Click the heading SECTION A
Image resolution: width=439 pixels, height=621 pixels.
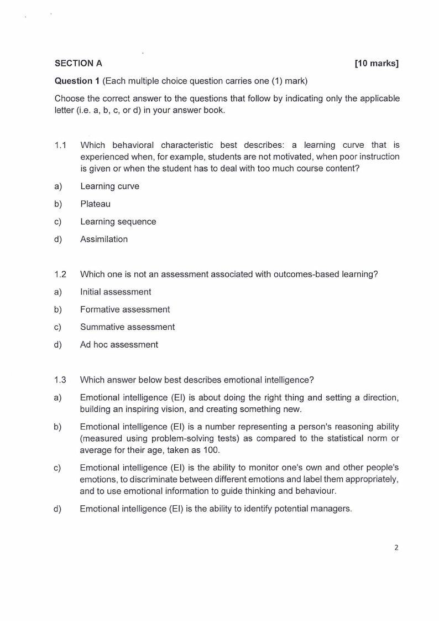pyautogui.click(x=78, y=63)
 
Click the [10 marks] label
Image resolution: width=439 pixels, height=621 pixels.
pyautogui.click(x=377, y=63)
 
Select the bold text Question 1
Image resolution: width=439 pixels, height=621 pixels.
pyautogui.click(x=77, y=81)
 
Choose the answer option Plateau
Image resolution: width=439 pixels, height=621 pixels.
pyautogui.click(x=95, y=204)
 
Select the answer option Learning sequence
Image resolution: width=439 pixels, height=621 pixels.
pyautogui.click(x=118, y=221)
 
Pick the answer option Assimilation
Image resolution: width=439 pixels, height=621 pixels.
pyautogui.click(x=103, y=239)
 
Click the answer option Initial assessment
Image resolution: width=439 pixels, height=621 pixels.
pyautogui.click(x=115, y=292)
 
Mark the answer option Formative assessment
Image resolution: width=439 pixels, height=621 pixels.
pyautogui.click(x=125, y=309)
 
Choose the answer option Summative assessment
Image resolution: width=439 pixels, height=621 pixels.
pyautogui.click(x=127, y=327)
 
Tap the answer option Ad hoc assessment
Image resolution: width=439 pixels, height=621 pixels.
pyautogui.click(x=119, y=344)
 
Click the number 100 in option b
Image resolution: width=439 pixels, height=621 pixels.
pyautogui.click(x=211, y=450)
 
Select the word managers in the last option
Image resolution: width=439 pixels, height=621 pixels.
pyautogui.click(x=331, y=509)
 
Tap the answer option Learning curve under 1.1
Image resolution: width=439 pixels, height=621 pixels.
pyautogui.click(x=109, y=186)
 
